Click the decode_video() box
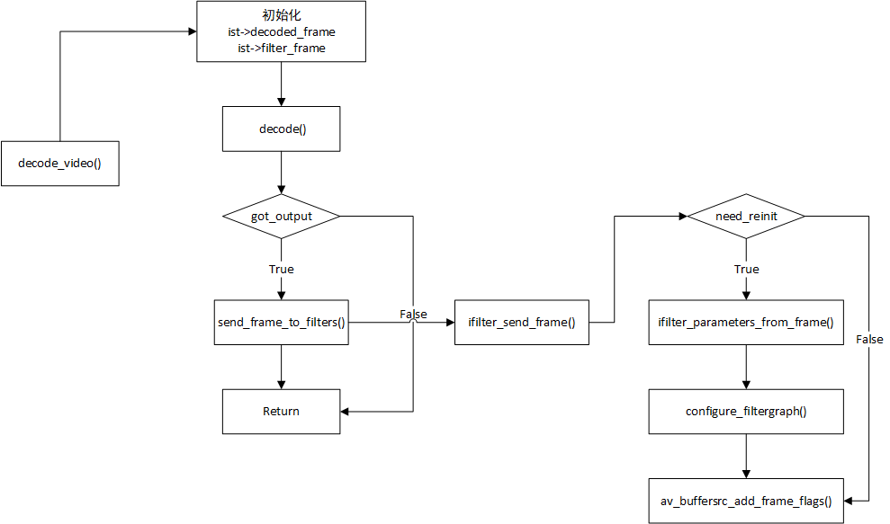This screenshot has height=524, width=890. [60, 164]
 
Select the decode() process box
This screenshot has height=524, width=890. [281, 129]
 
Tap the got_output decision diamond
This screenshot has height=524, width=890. [281, 216]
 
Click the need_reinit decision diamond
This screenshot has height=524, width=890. [746, 216]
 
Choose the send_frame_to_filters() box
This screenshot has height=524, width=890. [281, 322]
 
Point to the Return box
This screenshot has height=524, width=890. [281, 411]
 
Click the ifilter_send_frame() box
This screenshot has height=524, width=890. [522, 322]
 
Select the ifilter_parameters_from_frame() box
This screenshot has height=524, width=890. [746, 322]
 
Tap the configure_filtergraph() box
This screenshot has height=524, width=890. [746, 411]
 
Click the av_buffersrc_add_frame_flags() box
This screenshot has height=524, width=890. [746, 501]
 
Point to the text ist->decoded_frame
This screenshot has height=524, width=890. [282, 31]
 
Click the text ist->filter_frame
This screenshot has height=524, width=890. [282, 49]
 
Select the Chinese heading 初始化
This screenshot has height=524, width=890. [282, 15]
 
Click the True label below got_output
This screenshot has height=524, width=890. [282, 270]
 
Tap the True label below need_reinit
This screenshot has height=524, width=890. [746, 270]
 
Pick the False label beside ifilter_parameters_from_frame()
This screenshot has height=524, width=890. [869, 339]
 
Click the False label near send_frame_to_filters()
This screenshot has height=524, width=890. [413, 315]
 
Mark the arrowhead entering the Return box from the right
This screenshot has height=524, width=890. [345, 411]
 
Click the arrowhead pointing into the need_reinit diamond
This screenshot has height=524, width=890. [683, 216]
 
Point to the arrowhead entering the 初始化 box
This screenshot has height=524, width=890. [193, 31]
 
